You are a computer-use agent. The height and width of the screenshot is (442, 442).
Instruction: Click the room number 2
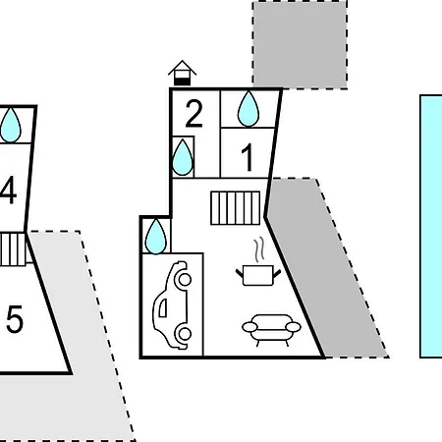pos(193,114)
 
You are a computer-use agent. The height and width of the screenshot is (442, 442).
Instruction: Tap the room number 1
pos(248,157)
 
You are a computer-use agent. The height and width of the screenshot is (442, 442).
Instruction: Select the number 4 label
pos(8,190)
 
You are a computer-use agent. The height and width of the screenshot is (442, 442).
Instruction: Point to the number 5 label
pos(15,318)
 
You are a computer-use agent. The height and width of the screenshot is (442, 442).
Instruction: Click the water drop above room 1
pos(249,109)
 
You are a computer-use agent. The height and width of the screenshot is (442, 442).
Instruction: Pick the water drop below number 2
pos(183,157)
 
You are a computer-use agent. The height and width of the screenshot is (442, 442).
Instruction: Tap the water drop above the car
pos(155,237)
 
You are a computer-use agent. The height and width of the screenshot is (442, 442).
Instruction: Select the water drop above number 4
pos(10,125)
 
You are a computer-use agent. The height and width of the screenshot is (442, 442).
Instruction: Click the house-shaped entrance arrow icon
pos(183,73)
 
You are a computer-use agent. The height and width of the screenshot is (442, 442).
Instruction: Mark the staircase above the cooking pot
pos(236,208)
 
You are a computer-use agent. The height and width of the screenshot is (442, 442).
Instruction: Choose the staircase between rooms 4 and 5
pos(13,249)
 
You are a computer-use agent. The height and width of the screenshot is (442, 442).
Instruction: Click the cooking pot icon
pos(258,275)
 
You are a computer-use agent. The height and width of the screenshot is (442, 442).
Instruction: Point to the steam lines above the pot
pos(259,250)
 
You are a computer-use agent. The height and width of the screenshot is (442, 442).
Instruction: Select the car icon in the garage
pos(173,304)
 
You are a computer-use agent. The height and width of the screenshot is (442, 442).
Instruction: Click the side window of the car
pos(163,307)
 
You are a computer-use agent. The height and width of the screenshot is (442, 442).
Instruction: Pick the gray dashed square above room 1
pos(300,44)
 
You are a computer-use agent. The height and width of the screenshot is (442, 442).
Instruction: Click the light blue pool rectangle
pos(431,226)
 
